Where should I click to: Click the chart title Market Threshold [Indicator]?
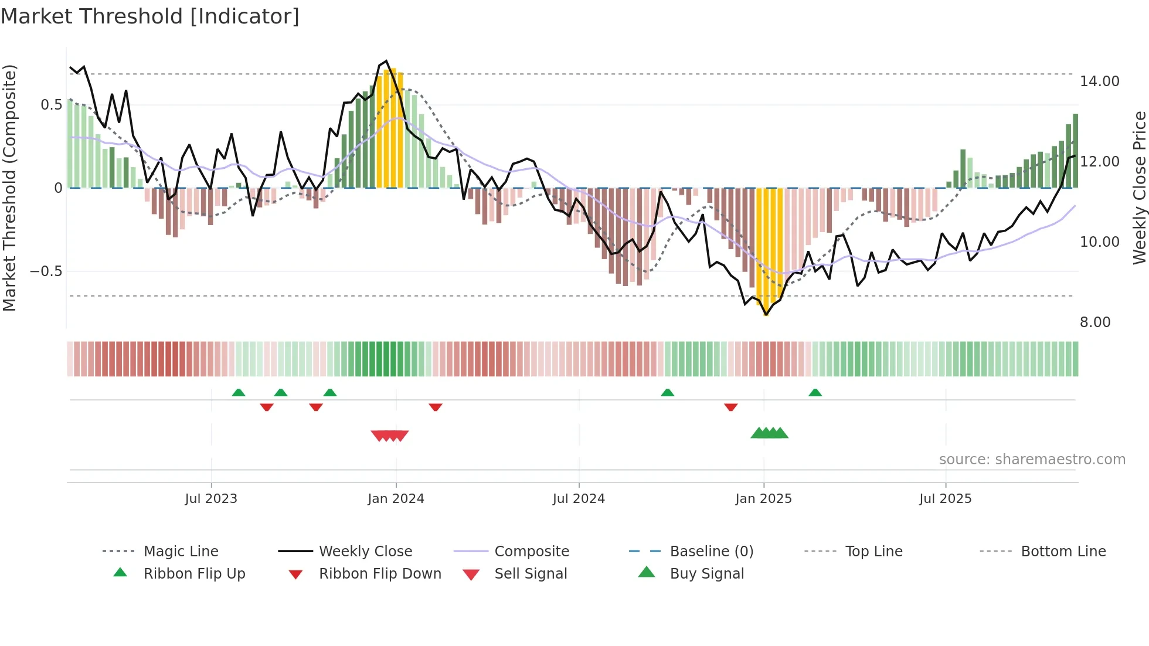pyautogui.click(x=150, y=16)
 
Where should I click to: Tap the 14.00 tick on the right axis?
pyautogui.click(x=1099, y=81)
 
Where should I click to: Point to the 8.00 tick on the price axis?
pyautogui.click(x=1094, y=322)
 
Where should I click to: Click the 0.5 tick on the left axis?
pyautogui.click(x=51, y=105)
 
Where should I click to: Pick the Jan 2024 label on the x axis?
pyautogui.click(x=396, y=499)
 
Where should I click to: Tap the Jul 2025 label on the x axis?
pyautogui.click(x=945, y=499)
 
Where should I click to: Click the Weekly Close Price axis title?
pyautogui.click(x=1139, y=188)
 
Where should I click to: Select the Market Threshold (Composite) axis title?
pyautogui.click(x=9, y=188)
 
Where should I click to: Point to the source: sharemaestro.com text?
pyautogui.click(x=1032, y=460)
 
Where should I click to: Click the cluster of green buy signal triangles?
pyautogui.click(x=769, y=433)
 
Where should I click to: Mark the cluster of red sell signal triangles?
pyautogui.click(x=390, y=436)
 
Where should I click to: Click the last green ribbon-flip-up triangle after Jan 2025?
pyautogui.click(x=815, y=393)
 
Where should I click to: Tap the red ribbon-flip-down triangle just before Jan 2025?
pyautogui.click(x=730, y=407)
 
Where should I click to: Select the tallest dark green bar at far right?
pyautogui.click(x=1075, y=151)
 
